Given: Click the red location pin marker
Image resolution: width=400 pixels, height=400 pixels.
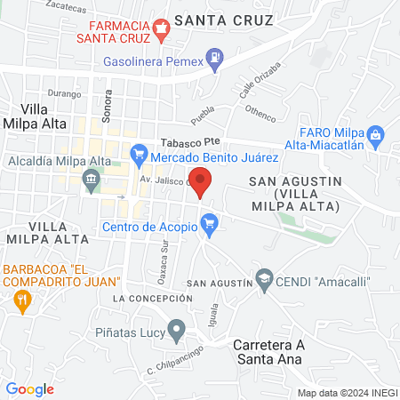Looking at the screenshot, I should coord(201,180).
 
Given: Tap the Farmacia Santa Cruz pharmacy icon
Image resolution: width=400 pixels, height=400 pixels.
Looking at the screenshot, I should coord(161,28).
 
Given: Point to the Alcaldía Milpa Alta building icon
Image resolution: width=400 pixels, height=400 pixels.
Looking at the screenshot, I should coord(92,180).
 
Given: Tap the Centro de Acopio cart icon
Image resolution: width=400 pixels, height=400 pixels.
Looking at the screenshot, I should coord(210,225).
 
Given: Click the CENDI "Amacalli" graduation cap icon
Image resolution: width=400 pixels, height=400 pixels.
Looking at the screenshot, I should coord(263,281).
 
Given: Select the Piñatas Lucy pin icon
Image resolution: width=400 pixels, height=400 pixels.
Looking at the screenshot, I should coord(176,332).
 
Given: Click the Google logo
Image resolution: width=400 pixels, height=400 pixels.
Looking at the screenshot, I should coord(30,388).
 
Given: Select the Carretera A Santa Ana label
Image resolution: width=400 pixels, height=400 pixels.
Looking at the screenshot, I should coord(268,352).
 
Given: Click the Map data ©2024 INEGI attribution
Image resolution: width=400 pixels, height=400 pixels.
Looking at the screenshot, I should coord(345,392).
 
